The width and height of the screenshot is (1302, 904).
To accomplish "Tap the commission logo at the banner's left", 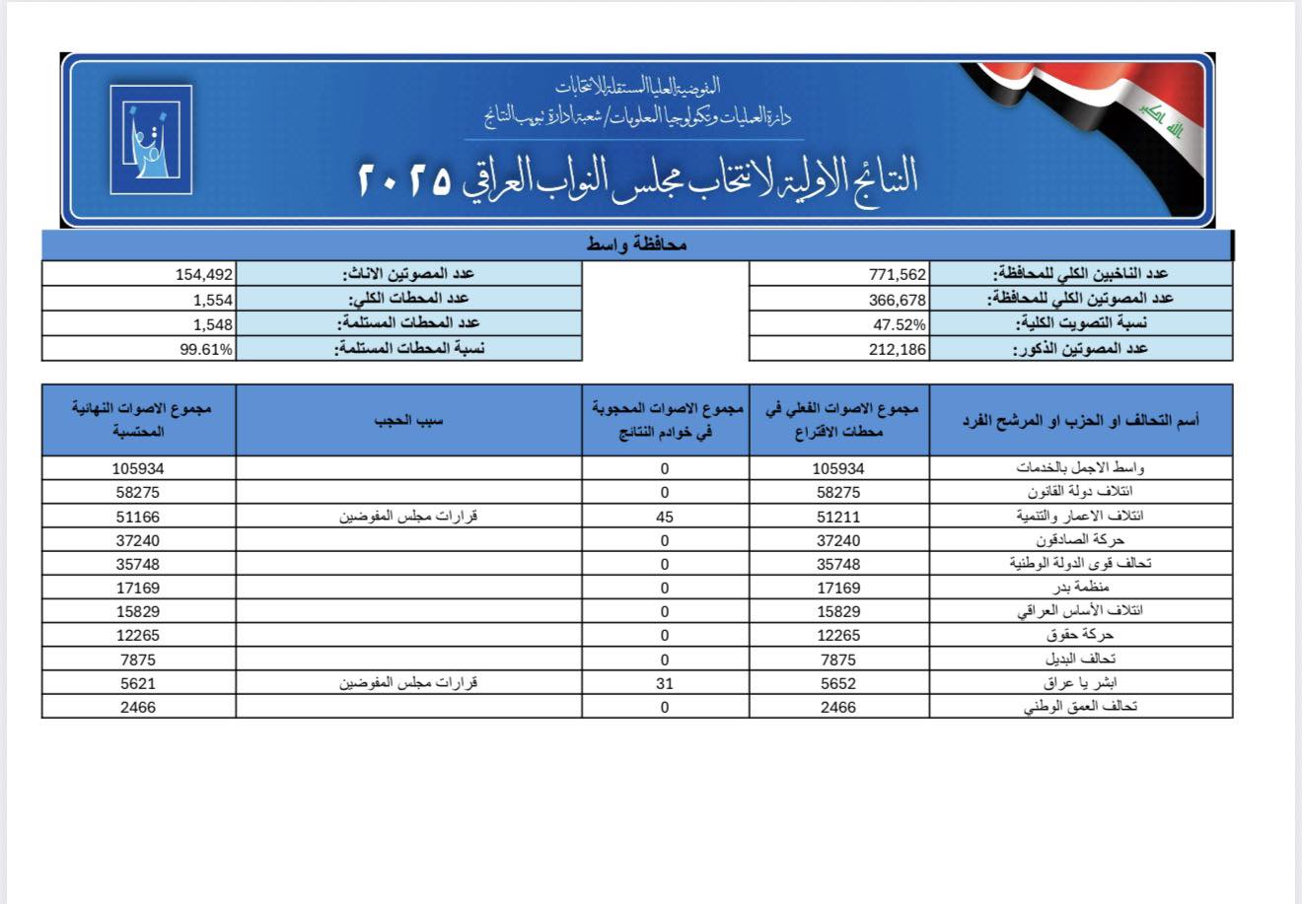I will [x=151, y=139].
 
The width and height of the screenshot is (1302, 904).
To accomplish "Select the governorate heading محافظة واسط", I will [x=636, y=245].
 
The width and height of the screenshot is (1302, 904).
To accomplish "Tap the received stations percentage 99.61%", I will [x=206, y=348].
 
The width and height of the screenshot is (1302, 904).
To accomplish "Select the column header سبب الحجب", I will [x=408, y=420].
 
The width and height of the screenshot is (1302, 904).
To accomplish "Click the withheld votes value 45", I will [x=665, y=516].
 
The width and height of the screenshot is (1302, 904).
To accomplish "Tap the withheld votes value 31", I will [x=665, y=682].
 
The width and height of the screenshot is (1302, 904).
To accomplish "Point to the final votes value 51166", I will [x=138, y=516].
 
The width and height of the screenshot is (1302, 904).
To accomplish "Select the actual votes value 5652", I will [x=838, y=682].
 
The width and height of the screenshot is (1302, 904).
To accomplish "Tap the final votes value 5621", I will [x=138, y=682].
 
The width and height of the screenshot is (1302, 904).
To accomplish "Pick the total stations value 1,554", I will [x=213, y=299].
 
